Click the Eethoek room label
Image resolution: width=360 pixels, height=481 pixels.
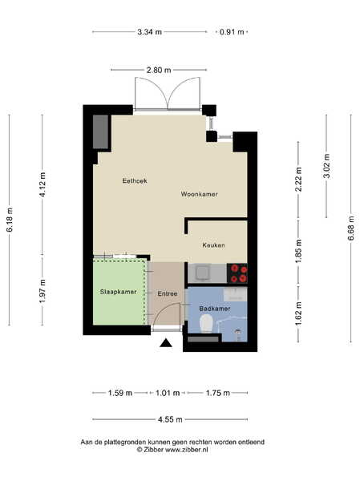coord(135,180)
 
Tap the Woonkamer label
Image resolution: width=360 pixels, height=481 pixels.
coord(199,194)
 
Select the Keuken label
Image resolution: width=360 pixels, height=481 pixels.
coord(213,245)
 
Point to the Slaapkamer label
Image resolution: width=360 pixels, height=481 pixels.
coord(118,292)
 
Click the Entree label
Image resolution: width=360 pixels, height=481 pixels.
coord(168,293)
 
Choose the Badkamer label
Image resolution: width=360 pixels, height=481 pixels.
coord(215,309)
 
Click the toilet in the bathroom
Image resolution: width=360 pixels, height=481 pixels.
coord(206,324)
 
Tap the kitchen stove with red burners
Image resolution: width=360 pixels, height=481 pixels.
coord(237,273)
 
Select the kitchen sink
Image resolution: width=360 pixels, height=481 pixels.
coord(201,273)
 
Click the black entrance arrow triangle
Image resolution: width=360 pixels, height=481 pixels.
coord(166,343)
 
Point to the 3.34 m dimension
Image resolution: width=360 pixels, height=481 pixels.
coord(149,31)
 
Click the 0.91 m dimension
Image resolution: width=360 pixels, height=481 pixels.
coord(232,31)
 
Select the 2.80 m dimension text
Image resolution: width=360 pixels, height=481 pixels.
coord(159,70)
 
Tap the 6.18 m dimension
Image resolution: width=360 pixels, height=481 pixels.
coord(10,220)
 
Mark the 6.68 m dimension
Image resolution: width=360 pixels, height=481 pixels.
coord(351,228)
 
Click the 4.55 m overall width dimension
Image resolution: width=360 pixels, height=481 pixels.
coord(170,419)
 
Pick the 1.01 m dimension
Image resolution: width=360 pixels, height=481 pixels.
coord(168,393)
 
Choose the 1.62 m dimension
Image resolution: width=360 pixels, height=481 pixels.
coord(298,313)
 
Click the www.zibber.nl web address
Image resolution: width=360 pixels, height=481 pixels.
coord(187,450)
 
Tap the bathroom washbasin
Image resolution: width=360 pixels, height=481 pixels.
coord(236,294)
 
